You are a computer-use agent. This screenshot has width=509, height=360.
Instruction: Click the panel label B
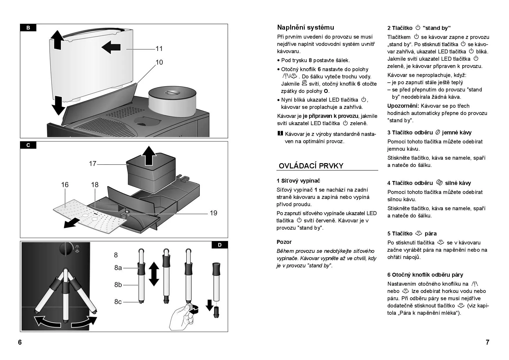tap(28, 28)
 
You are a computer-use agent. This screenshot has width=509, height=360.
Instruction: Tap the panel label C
tap(28, 145)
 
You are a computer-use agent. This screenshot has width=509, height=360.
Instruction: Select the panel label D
tap(220, 245)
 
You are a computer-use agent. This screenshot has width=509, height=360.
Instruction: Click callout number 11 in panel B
tap(159, 48)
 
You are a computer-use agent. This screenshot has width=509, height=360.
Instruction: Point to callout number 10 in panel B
tap(159, 62)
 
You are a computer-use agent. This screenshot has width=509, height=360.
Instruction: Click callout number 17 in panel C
tap(93, 164)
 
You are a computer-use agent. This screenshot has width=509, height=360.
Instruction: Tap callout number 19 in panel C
tap(213, 213)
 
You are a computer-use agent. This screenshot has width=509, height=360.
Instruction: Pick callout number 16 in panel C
tap(65, 185)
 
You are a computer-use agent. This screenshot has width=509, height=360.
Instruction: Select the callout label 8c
tap(118, 302)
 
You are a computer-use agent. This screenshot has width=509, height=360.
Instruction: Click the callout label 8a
tap(118, 268)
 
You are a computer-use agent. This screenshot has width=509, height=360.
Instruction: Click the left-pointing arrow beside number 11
tap(111, 47)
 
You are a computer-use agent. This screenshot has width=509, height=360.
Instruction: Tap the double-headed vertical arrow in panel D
tap(154, 274)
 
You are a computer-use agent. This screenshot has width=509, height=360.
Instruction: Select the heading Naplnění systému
tap(306, 28)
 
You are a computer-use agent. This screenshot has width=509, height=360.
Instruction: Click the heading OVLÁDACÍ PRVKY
tap(311, 166)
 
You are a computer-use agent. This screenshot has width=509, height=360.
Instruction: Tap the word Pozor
tap(284, 242)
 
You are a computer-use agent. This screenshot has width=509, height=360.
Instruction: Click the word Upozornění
tap(403, 106)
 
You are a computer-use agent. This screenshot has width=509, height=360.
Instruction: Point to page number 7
tap(488, 342)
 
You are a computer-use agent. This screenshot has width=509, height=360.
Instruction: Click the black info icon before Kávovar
tap(280, 134)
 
